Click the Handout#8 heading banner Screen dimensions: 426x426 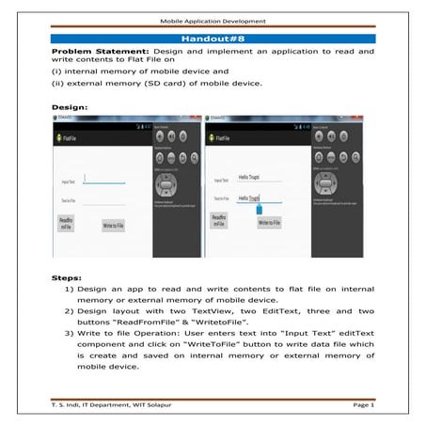tap(213, 39)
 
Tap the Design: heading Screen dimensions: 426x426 tap(69, 107)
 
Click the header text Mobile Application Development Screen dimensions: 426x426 tap(213, 18)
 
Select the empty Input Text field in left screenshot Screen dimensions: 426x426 tap(103, 179)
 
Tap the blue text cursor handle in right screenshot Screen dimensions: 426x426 tap(260, 209)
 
